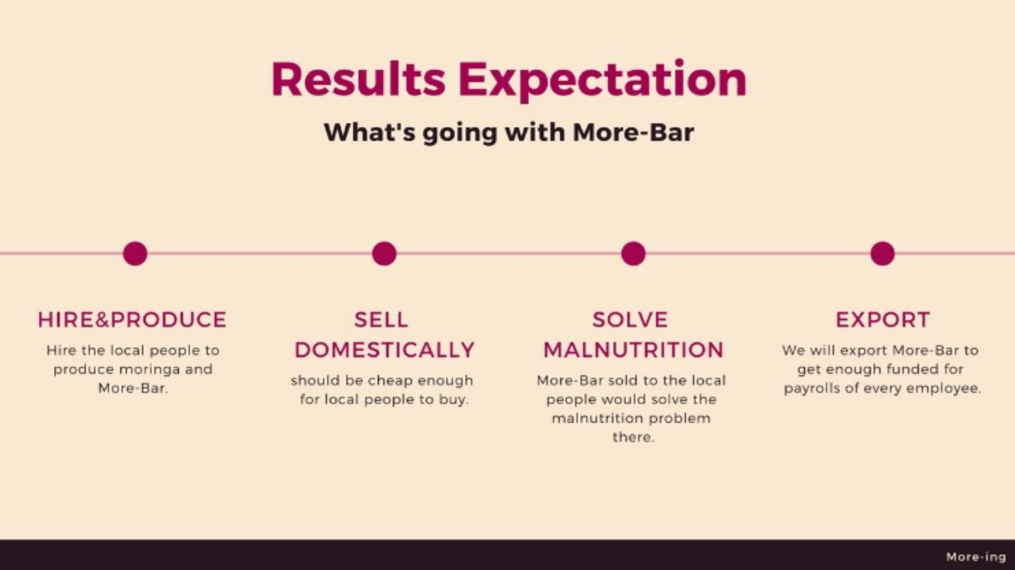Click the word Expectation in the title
click(x=603, y=80)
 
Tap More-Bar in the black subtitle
click(x=633, y=132)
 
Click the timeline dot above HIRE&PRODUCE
click(x=135, y=253)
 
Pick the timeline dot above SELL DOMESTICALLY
click(x=384, y=253)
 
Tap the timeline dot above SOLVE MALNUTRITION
click(x=633, y=253)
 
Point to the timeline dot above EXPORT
click(x=883, y=253)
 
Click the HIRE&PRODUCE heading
click(x=132, y=320)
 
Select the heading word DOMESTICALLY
click(x=385, y=350)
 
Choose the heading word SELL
click(x=381, y=320)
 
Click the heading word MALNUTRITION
click(x=633, y=350)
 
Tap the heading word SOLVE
click(x=630, y=320)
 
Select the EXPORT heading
click(x=883, y=320)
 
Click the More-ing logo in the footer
click(x=976, y=557)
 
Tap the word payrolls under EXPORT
click(x=812, y=389)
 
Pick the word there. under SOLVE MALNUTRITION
click(x=633, y=437)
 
